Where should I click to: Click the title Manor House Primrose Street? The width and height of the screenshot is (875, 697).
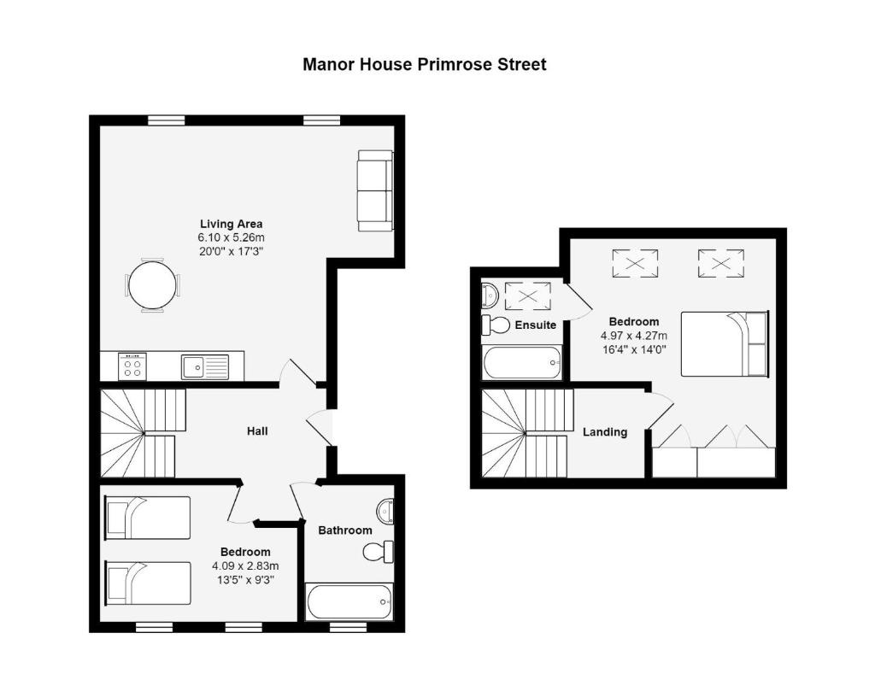(x=424, y=65)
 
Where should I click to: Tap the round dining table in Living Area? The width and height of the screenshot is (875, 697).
(x=150, y=285)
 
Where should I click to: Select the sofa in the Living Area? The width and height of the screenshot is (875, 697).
(x=376, y=190)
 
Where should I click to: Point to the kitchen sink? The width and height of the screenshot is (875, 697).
(x=205, y=367)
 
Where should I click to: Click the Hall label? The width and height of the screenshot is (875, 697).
(x=257, y=431)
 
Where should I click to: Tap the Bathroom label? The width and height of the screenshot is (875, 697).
(x=345, y=530)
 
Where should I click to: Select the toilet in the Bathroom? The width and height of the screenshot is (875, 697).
(x=378, y=552)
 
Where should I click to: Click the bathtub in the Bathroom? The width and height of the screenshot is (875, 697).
(x=349, y=601)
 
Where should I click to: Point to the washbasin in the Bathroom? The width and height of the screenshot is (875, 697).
(x=385, y=510)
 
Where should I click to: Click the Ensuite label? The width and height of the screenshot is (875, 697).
(x=535, y=325)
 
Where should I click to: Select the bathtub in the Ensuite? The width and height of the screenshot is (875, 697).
(x=522, y=363)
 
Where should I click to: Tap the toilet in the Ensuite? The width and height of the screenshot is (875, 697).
(x=496, y=325)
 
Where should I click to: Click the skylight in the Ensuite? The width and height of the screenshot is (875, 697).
(x=527, y=296)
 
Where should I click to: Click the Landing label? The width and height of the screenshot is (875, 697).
(x=605, y=432)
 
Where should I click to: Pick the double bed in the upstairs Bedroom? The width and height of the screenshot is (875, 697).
(x=725, y=343)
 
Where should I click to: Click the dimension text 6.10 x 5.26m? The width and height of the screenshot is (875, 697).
(x=231, y=238)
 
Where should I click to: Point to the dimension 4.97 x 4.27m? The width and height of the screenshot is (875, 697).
(x=634, y=337)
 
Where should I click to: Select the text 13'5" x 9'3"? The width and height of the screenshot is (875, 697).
(x=245, y=580)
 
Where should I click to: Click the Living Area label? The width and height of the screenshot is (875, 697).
(x=231, y=224)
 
